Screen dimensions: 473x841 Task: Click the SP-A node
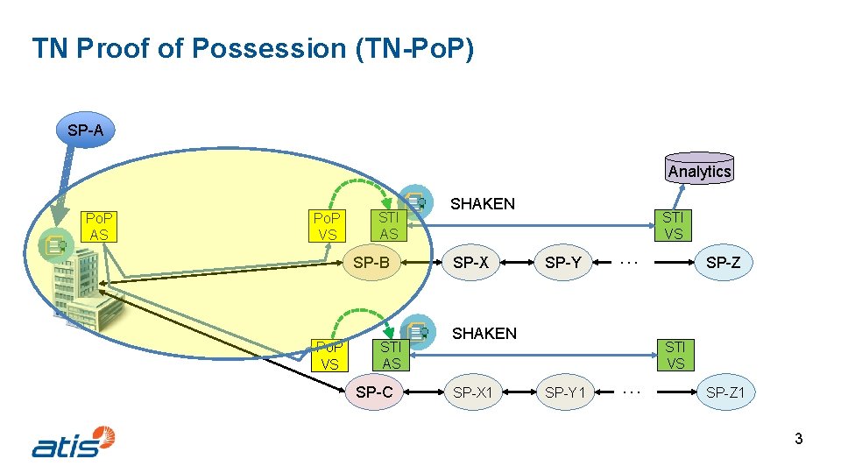tap(85, 131)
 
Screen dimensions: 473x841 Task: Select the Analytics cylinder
tap(699, 170)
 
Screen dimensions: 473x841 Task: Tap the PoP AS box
tap(99, 226)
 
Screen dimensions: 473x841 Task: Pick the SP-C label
tap(374, 392)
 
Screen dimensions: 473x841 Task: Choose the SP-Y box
tap(562, 262)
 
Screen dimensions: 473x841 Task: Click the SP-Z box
tap(723, 262)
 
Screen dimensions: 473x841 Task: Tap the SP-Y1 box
tap(565, 392)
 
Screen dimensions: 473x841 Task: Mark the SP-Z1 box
tap(725, 392)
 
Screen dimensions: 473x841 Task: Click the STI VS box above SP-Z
tap(673, 224)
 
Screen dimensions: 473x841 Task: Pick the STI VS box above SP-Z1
tap(675, 354)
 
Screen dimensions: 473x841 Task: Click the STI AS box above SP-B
tap(388, 224)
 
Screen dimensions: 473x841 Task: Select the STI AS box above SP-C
tap(391, 354)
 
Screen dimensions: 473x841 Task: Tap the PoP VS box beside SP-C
tap(329, 354)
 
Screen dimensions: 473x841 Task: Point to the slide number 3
tap(798, 439)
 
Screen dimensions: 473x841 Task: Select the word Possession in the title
tap(268, 48)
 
